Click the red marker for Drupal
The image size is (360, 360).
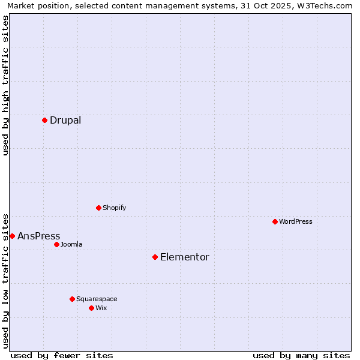point(44,120)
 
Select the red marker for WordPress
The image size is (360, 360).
point(275,221)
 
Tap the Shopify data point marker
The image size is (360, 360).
point(98,208)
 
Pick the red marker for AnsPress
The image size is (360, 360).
point(12,236)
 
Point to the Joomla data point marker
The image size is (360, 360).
point(56,244)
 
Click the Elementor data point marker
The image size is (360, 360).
point(155,257)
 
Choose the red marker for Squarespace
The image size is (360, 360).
point(72,299)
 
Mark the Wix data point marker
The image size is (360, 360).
point(91,308)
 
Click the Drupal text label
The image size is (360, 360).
point(65,120)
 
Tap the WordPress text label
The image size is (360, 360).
point(296,221)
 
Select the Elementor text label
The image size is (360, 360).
point(185,257)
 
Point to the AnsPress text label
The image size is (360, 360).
point(39,236)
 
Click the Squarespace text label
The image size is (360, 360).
point(97,299)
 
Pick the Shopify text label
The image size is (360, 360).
point(114,208)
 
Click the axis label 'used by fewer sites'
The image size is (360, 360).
point(62,355)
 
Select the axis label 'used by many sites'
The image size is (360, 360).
point(301,355)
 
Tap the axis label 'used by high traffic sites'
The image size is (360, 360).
point(5,85)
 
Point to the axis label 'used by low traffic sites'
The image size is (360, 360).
point(5,280)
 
